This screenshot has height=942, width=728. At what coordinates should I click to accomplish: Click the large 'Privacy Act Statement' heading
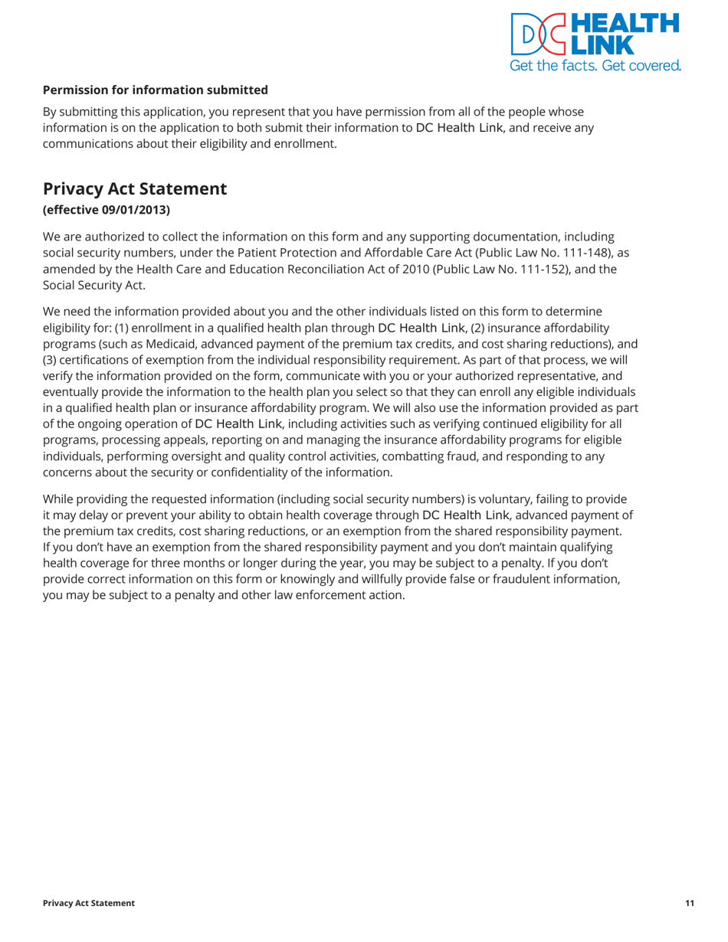tap(135, 188)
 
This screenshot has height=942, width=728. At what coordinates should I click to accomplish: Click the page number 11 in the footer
tap(690, 904)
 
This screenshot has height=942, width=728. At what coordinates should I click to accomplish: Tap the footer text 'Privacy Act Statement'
tap(89, 904)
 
